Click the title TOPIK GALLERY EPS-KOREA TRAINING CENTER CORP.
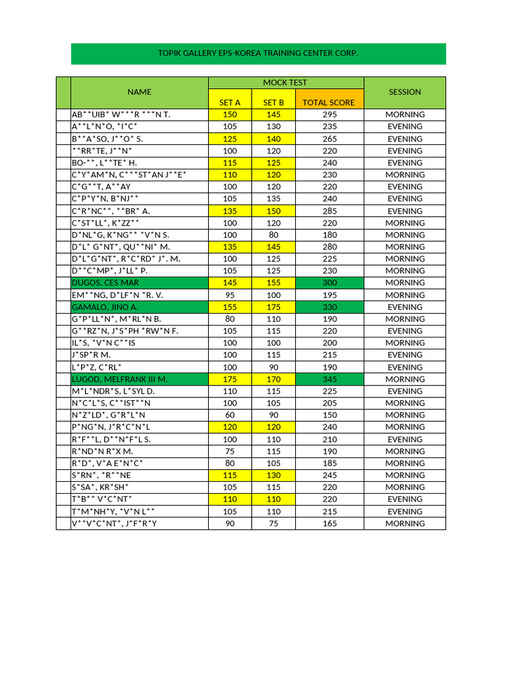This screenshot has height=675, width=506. pyautogui.click(x=258, y=53)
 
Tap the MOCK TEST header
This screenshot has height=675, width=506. pyautogui.click(x=285, y=82)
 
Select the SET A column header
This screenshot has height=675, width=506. pyautogui.click(x=229, y=102)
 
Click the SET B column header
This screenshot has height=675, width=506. pyautogui.click(x=273, y=102)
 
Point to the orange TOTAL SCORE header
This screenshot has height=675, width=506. pyautogui.click(x=329, y=102)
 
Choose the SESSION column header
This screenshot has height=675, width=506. pyautogui.click(x=405, y=92)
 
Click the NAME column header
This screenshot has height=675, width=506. pyautogui.click(x=139, y=92)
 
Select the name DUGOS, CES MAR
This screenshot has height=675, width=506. pyautogui.click(x=105, y=283)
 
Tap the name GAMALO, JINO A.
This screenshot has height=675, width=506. pyautogui.click(x=105, y=307)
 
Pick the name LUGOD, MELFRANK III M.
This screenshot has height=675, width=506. pyautogui.click(x=120, y=379)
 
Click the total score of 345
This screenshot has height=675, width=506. pyautogui.click(x=329, y=379)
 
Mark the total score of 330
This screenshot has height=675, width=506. pyautogui.click(x=329, y=307)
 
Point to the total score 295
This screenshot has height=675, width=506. pyautogui.click(x=329, y=115)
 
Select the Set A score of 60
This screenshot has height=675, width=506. pyautogui.click(x=229, y=415)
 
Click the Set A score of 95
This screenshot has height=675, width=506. pyautogui.click(x=229, y=295)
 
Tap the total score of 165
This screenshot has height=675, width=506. pyautogui.click(x=329, y=523)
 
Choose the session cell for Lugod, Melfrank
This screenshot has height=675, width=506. pyautogui.click(x=405, y=379)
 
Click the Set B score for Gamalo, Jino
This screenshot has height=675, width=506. pyautogui.click(x=273, y=307)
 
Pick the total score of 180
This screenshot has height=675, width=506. pyautogui.click(x=329, y=235)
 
